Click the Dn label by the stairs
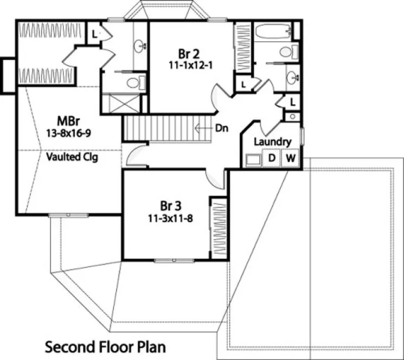[222, 128]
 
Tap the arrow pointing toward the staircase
[204, 128]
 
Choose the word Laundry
[273, 142]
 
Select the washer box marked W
[290, 159]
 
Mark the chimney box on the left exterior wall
[8, 75]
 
